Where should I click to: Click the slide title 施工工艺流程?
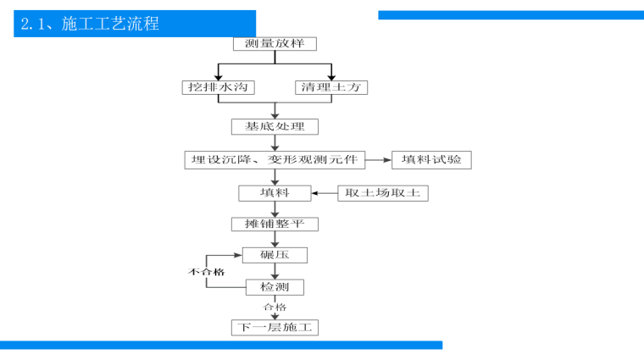[88, 24]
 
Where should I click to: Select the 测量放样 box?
[275, 43]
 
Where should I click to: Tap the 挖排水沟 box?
[218, 87]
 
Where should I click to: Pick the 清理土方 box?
[332, 87]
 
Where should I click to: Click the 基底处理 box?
[275, 126]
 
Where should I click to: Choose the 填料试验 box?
[431, 159]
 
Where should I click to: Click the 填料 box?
[275, 193]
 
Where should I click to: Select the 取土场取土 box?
[382, 193]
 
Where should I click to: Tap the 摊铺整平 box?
[275, 224]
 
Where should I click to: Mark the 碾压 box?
[275, 255]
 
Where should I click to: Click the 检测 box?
[275, 288]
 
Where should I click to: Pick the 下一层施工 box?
[275, 327]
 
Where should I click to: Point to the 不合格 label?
[206, 272]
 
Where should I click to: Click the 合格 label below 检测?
[275, 307]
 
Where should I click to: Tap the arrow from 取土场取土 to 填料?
[325, 193]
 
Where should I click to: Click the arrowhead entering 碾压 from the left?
[237, 254]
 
